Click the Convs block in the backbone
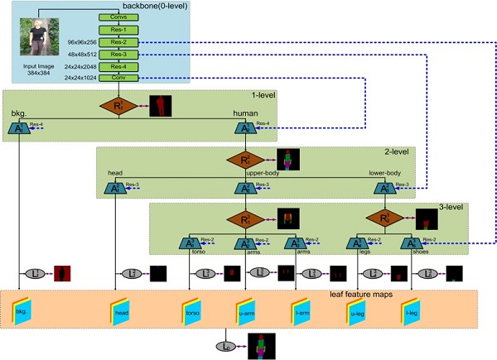(x=117, y=17)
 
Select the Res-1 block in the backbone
(x=117, y=29)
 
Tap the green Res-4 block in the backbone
(x=117, y=65)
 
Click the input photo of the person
(x=41, y=36)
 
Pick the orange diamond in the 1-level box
(x=118, y=105)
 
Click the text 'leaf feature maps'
(x=359, y=295)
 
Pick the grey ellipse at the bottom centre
(x=227, y=342)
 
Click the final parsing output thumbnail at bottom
(x=261, y=341)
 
